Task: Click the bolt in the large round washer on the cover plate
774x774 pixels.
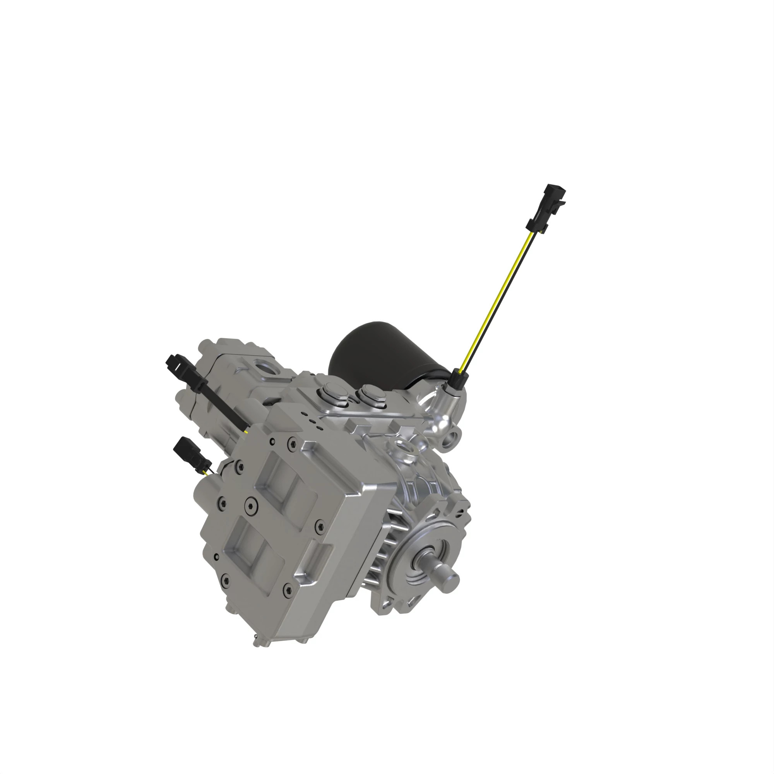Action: pos(251,503)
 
